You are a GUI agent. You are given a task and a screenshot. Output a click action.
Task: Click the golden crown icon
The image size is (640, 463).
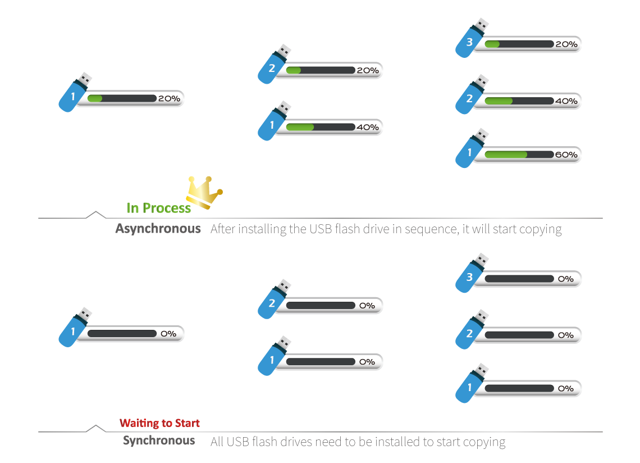[x=204, y=192]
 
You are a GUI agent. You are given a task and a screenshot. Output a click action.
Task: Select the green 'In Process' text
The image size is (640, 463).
[x=158, y=208]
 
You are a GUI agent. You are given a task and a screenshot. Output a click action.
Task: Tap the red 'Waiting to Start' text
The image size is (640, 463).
[x=159, y=423]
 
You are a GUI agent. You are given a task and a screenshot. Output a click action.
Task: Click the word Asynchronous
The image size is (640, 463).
[x=158, y=229]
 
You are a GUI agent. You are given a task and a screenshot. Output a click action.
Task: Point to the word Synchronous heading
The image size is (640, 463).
[x=159, y=441]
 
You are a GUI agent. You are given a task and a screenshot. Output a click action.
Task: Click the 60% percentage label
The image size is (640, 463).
[x=566, y=155]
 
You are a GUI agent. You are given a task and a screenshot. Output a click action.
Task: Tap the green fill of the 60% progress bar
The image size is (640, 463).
[x=505, y=155]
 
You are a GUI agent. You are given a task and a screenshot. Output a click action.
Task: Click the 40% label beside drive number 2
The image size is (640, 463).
[x=566, y=101]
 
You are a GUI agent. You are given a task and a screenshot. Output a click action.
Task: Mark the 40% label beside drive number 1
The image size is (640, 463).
[x=368, y=128]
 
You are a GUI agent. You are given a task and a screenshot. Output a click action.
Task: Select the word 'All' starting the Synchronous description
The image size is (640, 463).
[x=217, y=442]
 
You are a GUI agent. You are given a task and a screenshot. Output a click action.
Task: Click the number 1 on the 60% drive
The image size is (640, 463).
[x=470, y=153]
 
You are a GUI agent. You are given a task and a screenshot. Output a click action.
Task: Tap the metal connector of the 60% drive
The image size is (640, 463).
[x=482, y=135]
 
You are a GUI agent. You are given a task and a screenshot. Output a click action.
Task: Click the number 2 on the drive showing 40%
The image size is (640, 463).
[x=470, y=99]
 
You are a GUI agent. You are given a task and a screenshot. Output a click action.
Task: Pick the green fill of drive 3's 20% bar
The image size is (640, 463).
[x=492, y=44]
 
